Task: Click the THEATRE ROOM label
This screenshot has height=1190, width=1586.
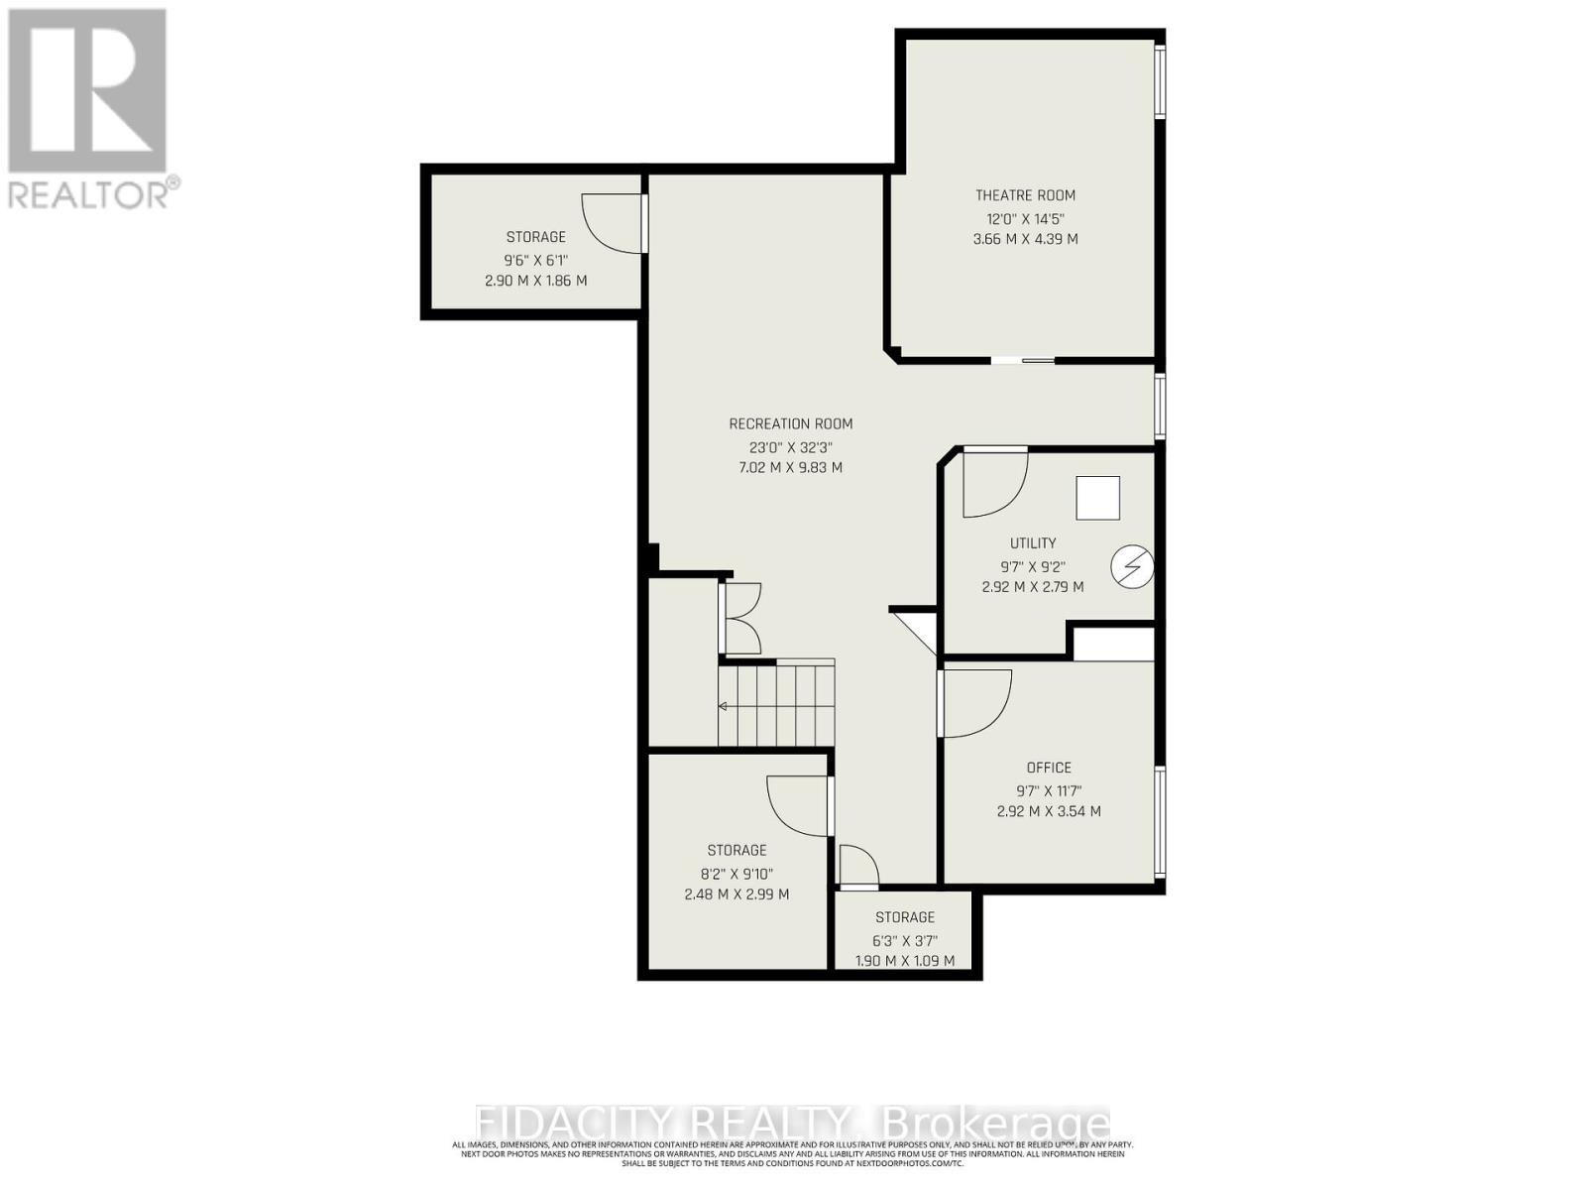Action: [1025, 195]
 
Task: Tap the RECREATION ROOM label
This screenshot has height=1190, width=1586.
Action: [790, 423]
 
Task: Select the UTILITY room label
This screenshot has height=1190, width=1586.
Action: [1033, 543]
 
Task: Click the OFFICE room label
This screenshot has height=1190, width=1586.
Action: [1049, 768]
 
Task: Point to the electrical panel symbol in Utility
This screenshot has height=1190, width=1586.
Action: [1132, 567]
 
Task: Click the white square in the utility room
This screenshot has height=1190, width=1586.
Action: [1098, 498]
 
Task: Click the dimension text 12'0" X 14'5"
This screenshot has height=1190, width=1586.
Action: [1025, 218]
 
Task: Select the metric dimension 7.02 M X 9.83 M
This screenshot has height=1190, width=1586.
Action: [790, 467]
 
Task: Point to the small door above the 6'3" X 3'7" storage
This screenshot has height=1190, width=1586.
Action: [857, 866]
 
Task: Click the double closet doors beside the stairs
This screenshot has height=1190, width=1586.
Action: [741, 619]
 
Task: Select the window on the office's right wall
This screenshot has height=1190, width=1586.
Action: [1160, 821]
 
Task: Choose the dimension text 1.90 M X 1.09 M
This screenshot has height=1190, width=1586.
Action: [904, 961]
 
